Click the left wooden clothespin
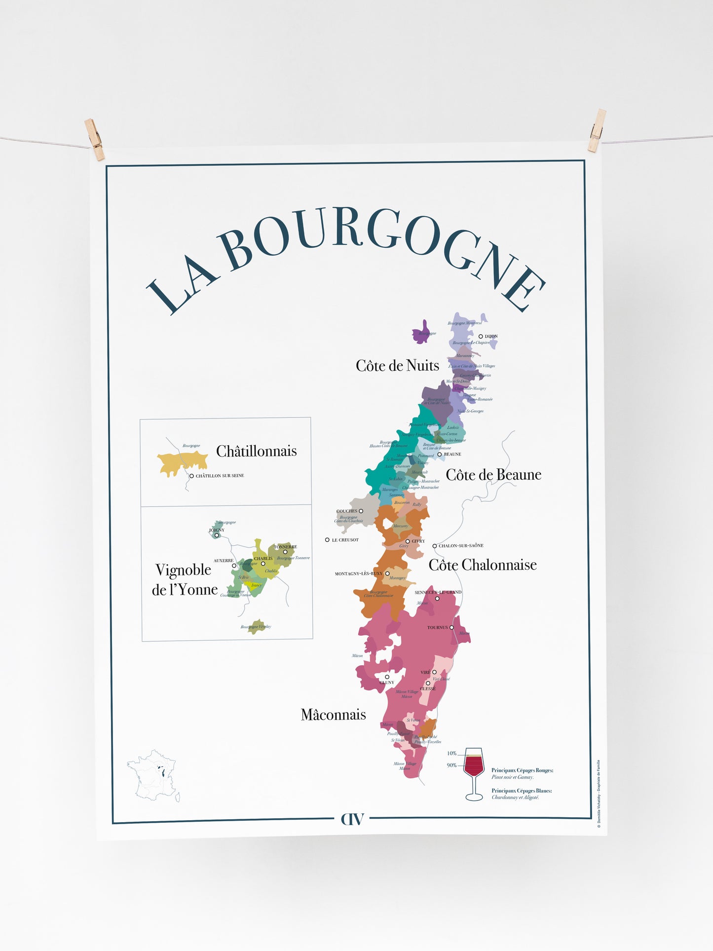click(x=94, y=139)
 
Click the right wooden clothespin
click(x=597, y=131)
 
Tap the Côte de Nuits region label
click(x=397, y=366)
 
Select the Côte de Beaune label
click(x=493, y=475)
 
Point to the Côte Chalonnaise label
click(x=482, y=565)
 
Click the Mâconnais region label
click(x=333, y=715)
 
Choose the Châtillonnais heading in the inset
click(x=256, y=451)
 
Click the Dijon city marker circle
click(x=481, y=337)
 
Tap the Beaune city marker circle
click(x=439, y=454)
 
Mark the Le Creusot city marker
click(x=327, y=540)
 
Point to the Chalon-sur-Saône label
click(x=460, y=546)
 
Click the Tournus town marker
click(x=451, y=628)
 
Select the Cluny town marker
click(x=387, y=677)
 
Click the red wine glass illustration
click(x=474, y=773)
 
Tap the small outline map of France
click(x=153, y=775)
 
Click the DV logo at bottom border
click(x=352, y=819)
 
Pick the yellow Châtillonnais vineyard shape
click(x=182, y=463)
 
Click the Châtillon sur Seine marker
click(x=191, y=476)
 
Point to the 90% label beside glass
click(x=451, y=765)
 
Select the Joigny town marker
click(x=216, y=535)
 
